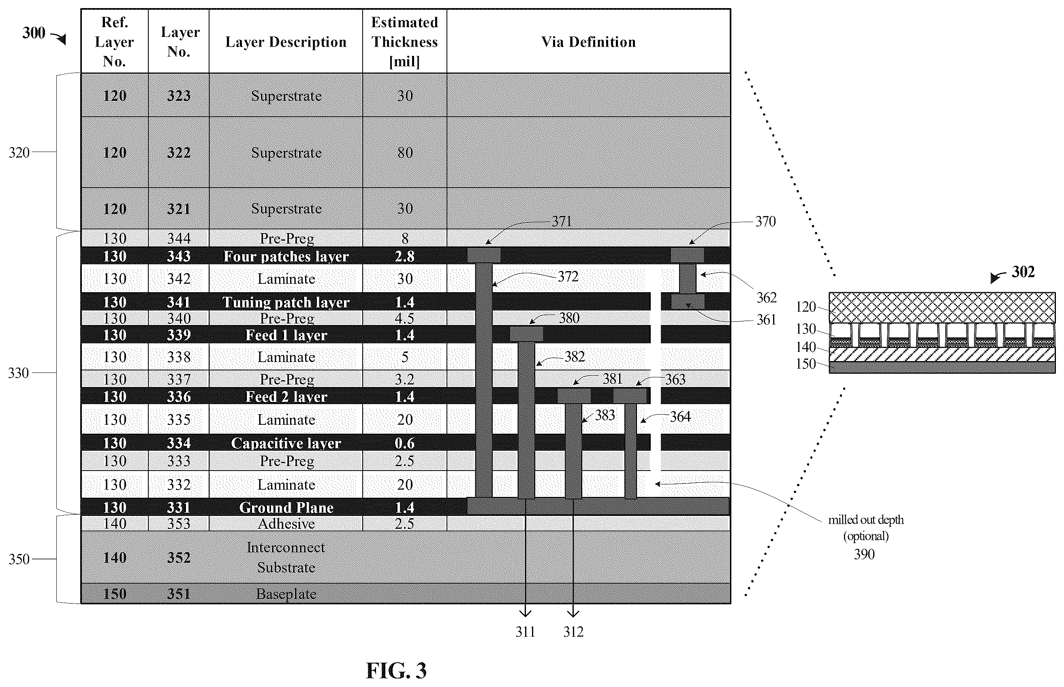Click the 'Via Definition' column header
point(588,42)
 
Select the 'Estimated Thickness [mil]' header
point(404,41)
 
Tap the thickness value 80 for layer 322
point(404,152)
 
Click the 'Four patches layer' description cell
point(286,256)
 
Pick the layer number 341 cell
point(178,302)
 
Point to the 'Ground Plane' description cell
point(286,507)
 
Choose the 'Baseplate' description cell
point(286,594)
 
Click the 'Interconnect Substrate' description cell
point(286,557)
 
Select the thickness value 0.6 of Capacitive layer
point(404,443)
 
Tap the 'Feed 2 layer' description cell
point(286,396)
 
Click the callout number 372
point(568,276)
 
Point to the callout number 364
point(680,417)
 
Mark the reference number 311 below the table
point(525,632)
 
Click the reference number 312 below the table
point(573,632)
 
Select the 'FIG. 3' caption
point(396,670)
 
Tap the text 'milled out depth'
point(865,520)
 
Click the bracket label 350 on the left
point(19,559)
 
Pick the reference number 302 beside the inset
point(1023,272)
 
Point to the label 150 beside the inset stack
point(805,364)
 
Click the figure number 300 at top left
point(34,32)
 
